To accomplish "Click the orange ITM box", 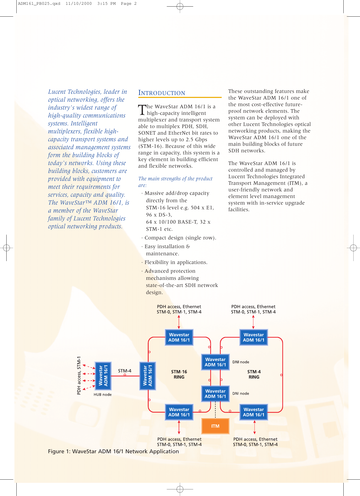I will [215, 426].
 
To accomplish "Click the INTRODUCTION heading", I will [162, 93].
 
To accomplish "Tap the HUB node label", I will [102, 394].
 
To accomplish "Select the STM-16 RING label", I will [179, 374].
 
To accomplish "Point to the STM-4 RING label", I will [254, 374].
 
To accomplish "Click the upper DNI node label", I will [240, 362].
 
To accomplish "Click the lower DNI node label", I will [240, 393].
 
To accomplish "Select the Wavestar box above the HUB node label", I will [103, 376].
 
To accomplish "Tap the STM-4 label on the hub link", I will [125, 371].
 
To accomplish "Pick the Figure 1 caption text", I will [113, 451].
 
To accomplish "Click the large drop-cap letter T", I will [142, 110].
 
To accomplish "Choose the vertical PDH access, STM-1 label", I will [79, 375].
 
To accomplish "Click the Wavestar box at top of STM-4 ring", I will [253, 337].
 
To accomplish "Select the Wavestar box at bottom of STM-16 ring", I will [179, 412].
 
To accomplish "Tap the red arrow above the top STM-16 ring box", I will [179, 322].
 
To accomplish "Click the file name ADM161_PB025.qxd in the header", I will [39, 3].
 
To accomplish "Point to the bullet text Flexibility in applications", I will [176, 262].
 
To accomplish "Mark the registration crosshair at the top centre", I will [180, 6].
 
